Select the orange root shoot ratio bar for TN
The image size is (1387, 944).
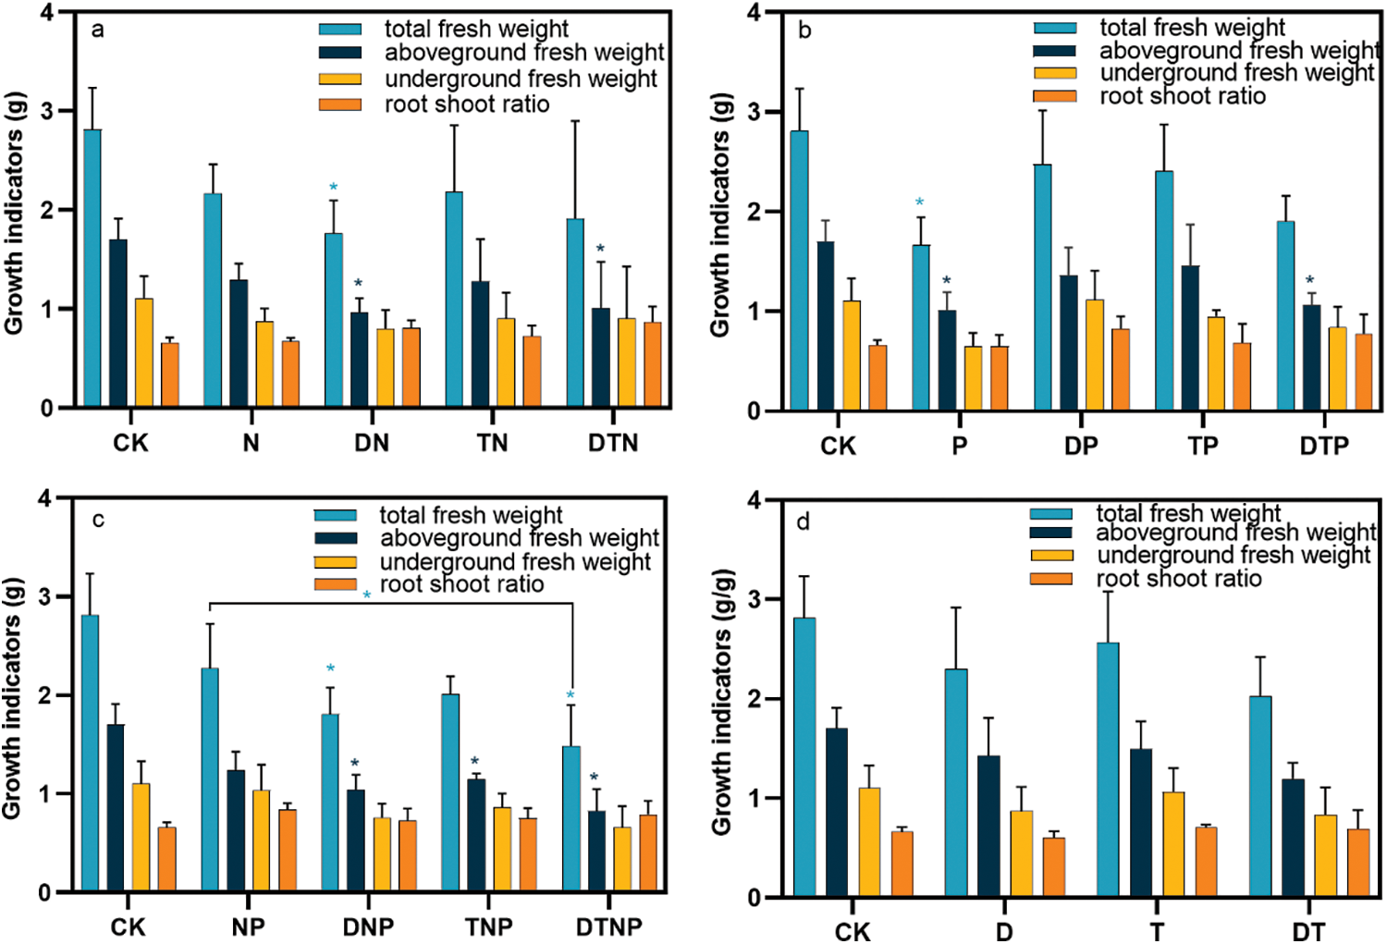point(532,371)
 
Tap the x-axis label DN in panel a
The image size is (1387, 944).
point(371,443)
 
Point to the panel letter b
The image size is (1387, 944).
point(804,31)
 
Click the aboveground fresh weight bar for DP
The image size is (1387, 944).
point(1069,342)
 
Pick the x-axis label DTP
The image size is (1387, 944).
point(1324,447)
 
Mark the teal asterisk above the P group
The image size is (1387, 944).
point(919,202)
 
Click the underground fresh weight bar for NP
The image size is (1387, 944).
point(262,840)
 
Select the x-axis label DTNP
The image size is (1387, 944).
point(608,926)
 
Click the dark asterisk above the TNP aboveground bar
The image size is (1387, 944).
point(474,762)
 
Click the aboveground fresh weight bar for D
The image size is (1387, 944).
point(988,826)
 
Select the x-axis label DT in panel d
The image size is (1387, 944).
point(1307,931)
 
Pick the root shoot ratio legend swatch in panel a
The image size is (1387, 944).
point(340,104)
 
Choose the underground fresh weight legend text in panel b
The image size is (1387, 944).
point(1236,73)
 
